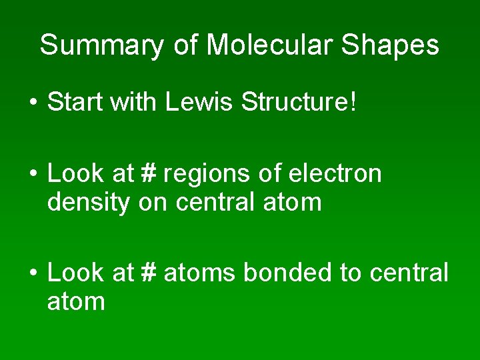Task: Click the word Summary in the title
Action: click(x=101, y=46)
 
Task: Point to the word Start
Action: click(x=75, y=103)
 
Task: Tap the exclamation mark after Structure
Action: click(x=353, y=103)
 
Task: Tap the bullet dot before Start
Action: click(x=33, y=104)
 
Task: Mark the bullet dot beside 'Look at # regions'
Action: click(x=33, y=175)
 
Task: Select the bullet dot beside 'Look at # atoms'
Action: click(x=33, y=273)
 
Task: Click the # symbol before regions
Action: click(x=148, y=173)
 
